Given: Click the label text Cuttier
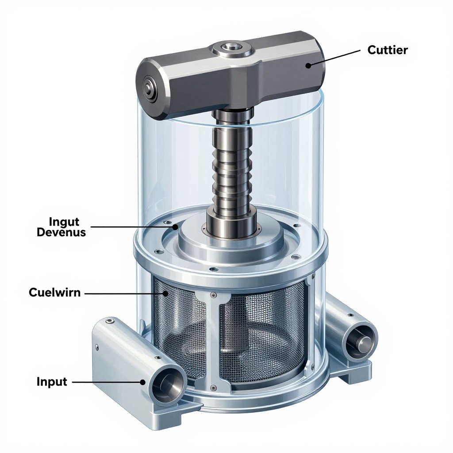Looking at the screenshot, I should tap(387, 50).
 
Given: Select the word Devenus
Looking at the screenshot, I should tap(61, 232).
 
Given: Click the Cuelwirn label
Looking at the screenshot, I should tap(54, 292).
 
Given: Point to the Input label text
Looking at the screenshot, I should tap(52, 381).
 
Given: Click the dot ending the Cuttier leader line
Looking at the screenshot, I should tap(308, 65).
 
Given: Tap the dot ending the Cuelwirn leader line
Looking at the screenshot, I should tap(166, 293).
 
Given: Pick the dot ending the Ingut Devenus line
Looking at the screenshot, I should tap(176, 227).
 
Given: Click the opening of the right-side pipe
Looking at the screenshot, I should tap(361, 341).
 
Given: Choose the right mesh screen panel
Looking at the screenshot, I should tap(261, 332).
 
